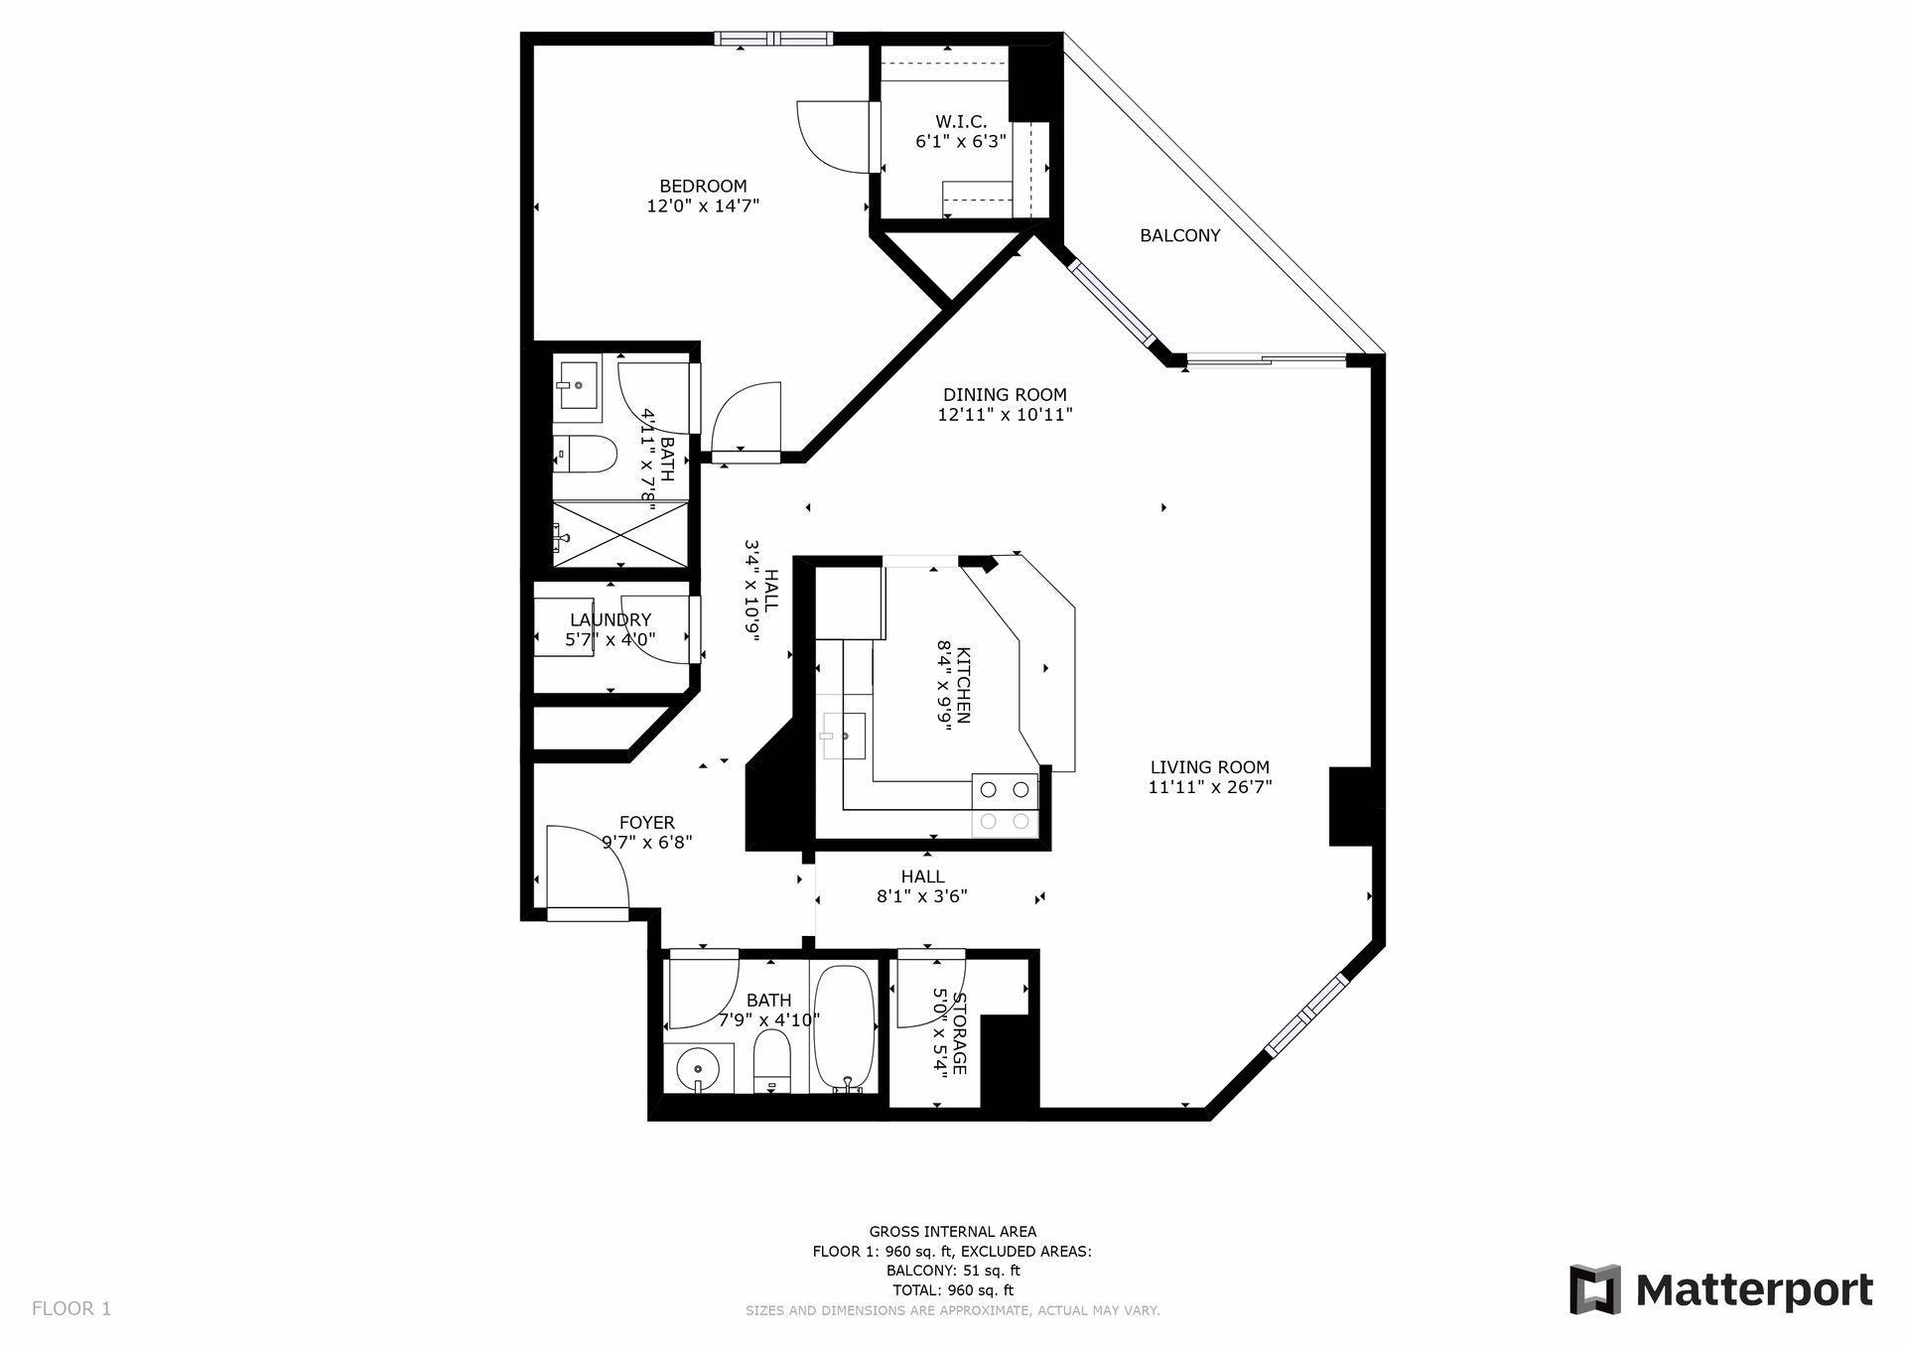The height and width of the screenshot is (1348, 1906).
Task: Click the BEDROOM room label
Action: click(703, 186)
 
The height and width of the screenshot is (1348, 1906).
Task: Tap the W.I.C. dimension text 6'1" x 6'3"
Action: click(960, 142)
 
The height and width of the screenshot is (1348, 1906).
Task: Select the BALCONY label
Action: click(1179, 235)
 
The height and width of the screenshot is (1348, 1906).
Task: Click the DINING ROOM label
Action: click(1005, 394)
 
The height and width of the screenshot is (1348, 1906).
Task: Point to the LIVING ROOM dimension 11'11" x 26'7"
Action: click(1209, 787)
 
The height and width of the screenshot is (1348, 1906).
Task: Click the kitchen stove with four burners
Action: click(1005, 805)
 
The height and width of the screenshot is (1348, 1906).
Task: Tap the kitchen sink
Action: click(843, 736)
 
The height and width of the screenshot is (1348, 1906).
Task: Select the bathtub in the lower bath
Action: click(844, 1028)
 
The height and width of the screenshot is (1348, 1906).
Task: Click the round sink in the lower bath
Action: click(699, 1070)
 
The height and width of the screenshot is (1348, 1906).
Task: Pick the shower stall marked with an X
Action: click(620, 534)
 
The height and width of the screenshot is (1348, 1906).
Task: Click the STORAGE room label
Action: click(959, 1032)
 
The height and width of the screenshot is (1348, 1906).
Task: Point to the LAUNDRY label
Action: click(611, 619)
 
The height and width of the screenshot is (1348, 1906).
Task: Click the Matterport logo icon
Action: click(1594, 1289)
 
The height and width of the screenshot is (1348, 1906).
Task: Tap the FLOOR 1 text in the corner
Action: click(71, 1308)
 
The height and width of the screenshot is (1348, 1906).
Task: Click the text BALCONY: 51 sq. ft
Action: click(952, 1271)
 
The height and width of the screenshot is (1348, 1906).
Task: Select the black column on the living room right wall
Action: click(1349, 806)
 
